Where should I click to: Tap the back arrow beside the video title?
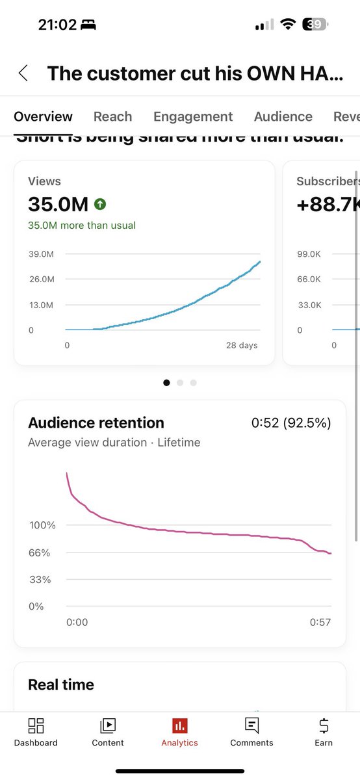coord(23,73)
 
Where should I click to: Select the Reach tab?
coord(112,116)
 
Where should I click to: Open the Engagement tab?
coord(193,116)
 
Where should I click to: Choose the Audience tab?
coord(283,116)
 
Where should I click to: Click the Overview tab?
coord(43,116)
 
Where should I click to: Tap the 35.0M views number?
coord(58,204)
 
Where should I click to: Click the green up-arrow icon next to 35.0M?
coord(100,204)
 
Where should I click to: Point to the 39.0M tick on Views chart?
coord(40,253)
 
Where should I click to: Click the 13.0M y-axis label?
coord(40,305)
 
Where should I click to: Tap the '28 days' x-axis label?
coord(242,345)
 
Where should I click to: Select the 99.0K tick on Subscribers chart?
coord(309,253)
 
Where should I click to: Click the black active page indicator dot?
coord(166,383)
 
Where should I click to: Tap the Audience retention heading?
coord(96,423)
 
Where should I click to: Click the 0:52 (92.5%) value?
coord(291,423)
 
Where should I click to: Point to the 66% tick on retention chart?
coord(40,552)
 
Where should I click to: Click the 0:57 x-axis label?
coord(320,622)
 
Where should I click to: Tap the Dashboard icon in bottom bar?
coord(36,725)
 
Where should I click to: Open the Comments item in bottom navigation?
coord(251,732)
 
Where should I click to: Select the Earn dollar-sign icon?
coord(324,725)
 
